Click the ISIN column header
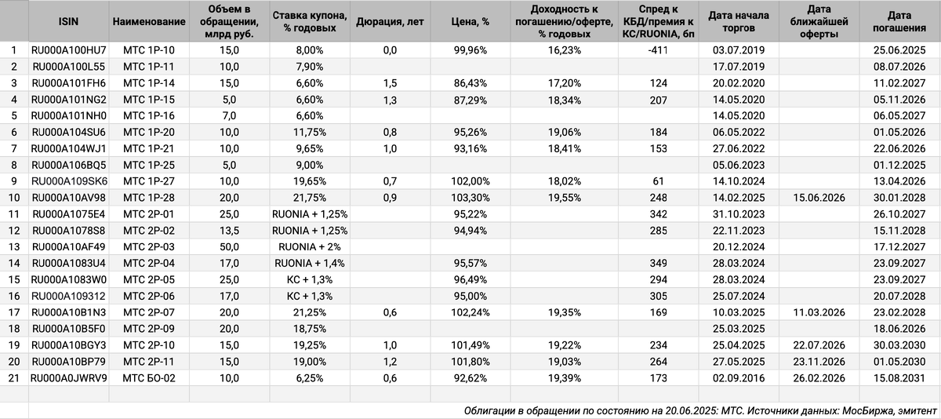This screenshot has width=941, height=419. click(67, 22)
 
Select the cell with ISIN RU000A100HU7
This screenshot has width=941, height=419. click(68, 49)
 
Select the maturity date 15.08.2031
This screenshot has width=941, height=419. click(899, 377)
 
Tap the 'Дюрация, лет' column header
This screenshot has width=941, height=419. click(390, 22)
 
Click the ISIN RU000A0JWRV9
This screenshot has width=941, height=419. click(68, 377)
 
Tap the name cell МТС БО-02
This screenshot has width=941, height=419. click(149, 377)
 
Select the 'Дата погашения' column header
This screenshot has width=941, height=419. click(899, 22)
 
